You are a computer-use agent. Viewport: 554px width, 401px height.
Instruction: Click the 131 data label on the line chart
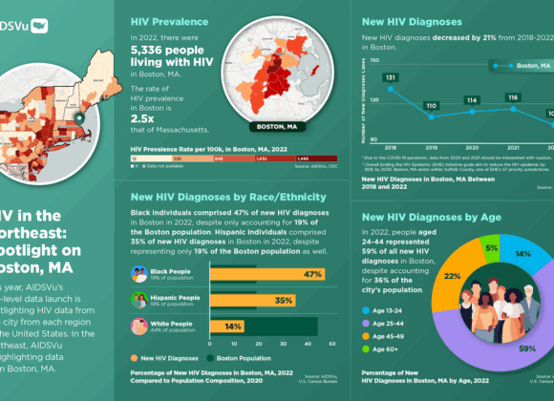point(391,77)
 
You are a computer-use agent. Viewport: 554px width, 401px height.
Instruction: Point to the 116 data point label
point(512,96)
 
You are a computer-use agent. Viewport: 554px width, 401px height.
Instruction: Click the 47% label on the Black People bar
point(310,274)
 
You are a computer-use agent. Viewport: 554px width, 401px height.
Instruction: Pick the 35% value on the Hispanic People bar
point(283,300)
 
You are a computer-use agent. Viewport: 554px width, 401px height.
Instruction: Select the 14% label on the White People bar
point(233,326)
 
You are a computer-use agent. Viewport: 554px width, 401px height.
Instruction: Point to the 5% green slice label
point(491,222)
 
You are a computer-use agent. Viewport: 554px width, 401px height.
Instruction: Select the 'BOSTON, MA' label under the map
point(276,126)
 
